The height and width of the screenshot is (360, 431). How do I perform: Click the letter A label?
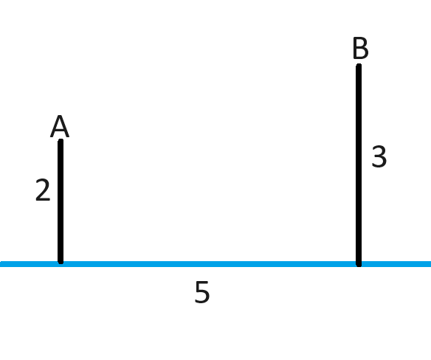(x=60, y=126)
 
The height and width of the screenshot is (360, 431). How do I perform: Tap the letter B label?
(x=360, y=48)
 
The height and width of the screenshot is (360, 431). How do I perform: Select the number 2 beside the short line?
(x=43, y=190)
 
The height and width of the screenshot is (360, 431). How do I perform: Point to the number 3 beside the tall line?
(x=379, y=156)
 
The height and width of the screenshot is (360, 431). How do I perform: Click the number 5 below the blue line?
(x=202, y=292)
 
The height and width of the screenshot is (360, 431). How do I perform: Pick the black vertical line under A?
(x=61, y=201)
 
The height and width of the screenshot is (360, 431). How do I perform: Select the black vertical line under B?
(x=359, y=165)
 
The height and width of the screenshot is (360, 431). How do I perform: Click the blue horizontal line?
(x=215, y=264)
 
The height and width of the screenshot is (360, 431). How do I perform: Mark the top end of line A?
(x=61, y=140)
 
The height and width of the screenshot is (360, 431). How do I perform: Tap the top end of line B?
(x=359, y=65)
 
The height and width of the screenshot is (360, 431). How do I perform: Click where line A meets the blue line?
(x=61, y=263)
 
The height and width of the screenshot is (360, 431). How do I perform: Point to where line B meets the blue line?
(x=359, y=264)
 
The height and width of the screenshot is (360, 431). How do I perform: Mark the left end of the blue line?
(x=1, y=264)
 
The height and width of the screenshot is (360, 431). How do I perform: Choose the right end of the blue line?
(x=430, y=264)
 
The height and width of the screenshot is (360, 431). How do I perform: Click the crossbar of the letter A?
(x=60, y=131)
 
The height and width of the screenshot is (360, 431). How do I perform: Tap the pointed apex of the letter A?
(x=60, y=117)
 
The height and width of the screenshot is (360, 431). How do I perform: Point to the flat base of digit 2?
(x=43, y=199)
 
